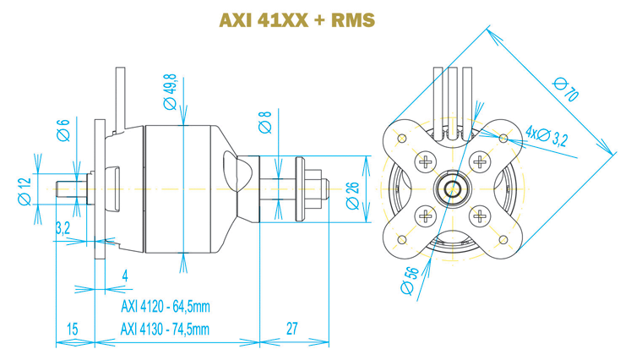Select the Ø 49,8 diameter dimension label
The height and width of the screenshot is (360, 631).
point(171,89)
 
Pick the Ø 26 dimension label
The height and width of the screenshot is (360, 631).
point(352,195)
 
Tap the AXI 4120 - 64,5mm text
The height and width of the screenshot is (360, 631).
point(165,307)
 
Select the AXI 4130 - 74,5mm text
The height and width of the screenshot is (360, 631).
point(165,330)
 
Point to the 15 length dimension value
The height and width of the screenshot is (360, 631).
point(72,330)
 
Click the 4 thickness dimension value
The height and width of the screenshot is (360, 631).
point(124,275)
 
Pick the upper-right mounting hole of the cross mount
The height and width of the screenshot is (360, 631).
point(504,137)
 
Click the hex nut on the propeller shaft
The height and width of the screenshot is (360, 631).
point(316,188)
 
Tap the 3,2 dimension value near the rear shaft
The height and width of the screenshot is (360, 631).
point(62,227)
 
